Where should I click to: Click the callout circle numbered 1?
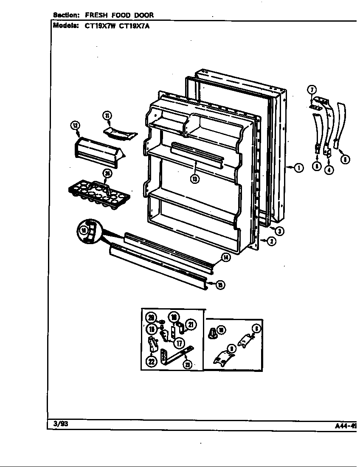click(x=299, y=168)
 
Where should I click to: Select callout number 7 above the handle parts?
click(x=312, y=90)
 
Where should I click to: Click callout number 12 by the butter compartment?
click(x=75, y=125)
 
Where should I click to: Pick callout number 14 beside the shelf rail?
click(x=226, y=257)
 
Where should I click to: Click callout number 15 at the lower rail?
click(x=220, y=285)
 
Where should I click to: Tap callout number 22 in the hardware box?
click(x=152, y=361)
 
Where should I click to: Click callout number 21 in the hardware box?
click(x=191, y=325)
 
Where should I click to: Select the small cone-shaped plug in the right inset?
click(x=212, y=334)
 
